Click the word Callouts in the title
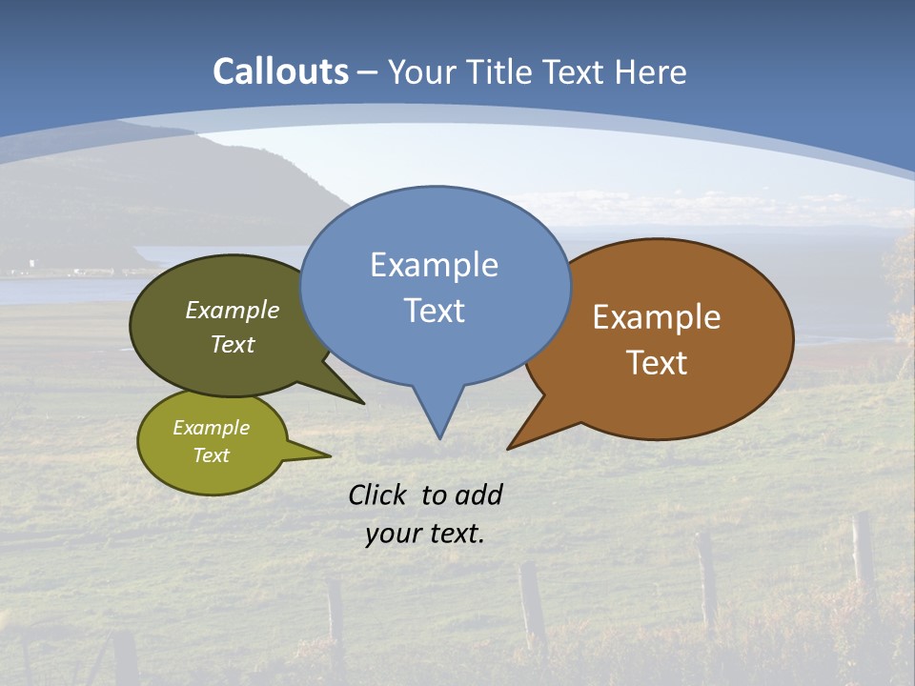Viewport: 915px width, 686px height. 281,71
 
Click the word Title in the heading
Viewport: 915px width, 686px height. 507,71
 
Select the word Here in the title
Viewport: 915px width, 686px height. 651,71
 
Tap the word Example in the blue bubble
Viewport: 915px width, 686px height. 434,264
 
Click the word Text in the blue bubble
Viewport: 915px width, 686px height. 434,311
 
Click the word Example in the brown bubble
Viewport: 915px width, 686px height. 657,317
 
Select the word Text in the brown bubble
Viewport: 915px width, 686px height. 657,363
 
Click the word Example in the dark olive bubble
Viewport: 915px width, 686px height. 233,310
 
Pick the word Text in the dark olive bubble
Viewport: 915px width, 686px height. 233,344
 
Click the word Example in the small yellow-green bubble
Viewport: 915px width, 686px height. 211,428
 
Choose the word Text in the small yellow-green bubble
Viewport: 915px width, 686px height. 211,455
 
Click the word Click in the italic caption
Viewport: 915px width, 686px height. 378,494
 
